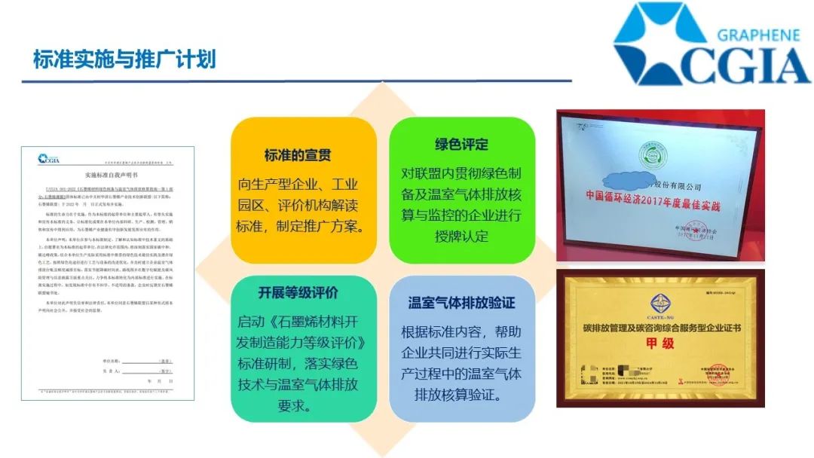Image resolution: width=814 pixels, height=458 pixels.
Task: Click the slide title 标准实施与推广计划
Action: [124, 59]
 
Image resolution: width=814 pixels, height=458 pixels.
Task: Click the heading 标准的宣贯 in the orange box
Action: [298, 155]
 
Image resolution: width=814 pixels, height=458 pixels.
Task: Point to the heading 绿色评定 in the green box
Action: [461, 144]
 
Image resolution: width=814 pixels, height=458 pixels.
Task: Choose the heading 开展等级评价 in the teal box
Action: [298, 293]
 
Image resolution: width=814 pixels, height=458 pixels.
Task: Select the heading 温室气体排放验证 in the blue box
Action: [461, 303]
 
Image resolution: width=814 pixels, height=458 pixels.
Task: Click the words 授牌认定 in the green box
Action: [461, 236]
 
